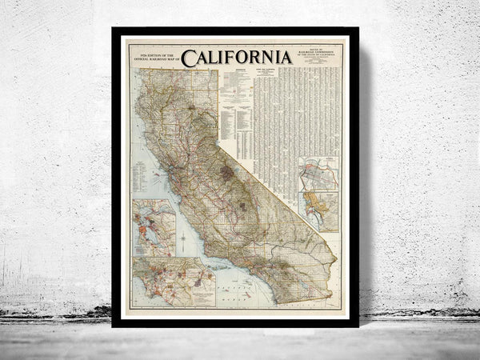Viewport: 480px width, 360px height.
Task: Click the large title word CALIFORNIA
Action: tap(236, 57)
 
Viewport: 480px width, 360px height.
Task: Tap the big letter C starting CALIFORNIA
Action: tap(188, 58)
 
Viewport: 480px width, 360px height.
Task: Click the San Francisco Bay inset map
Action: tap(154, 227)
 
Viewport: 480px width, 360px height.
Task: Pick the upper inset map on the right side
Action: tap(318, 174)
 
